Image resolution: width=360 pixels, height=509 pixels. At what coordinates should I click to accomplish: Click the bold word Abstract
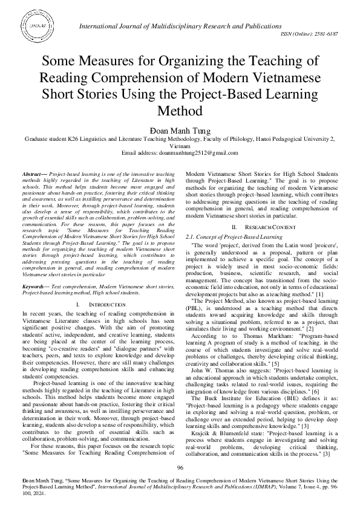[31, 173]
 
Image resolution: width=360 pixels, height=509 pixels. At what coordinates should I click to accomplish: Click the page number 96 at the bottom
[180, 468]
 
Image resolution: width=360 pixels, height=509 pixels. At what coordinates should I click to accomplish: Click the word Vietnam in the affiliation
[180, 146]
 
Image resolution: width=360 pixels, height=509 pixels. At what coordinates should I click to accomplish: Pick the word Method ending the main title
[180, 111]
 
